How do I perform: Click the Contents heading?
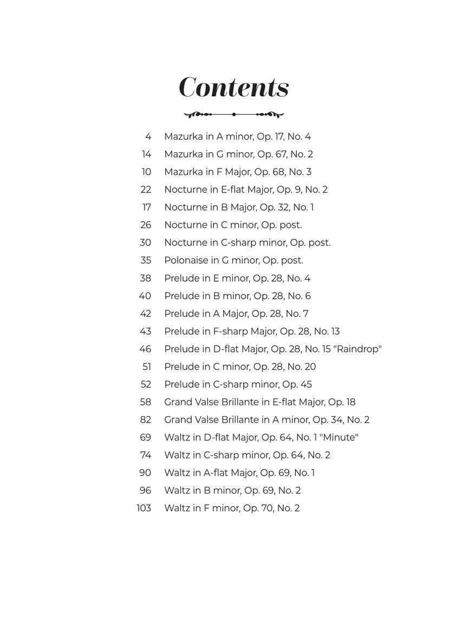[x=234, y=87]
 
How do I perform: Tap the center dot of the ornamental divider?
[x=234, y=114]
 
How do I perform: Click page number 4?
[x=148, y=136]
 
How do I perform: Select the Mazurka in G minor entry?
[x=238, y=154]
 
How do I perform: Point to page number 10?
[x=146, y=172]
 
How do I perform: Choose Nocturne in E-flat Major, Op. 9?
[x=246, y=190]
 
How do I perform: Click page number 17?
[x=146, y=207]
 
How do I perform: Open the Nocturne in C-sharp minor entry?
[x=247, y=243]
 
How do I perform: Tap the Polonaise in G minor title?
[x=233, y=261]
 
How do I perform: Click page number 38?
[x=145, y=278]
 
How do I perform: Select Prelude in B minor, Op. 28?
[x=237, y=296]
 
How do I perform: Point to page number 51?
[x=146, y=367]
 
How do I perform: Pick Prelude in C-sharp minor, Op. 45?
[x=238, y=385]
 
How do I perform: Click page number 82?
[x=145, y=420]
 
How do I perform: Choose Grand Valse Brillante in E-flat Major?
[x=259, y=402]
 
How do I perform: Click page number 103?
[x=144, y=508]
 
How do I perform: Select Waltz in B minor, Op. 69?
[x=232, y=490]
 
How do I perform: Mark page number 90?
[x=145, y=473]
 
